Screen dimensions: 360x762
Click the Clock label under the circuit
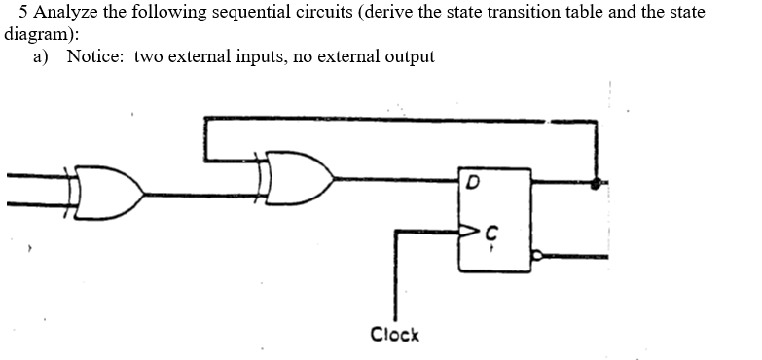(394, 334)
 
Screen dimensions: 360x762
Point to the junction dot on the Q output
(597, 182)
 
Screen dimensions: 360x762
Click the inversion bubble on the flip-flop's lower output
(534, 257)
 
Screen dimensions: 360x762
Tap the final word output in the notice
(408, 56)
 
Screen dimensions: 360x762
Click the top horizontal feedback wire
(389, 120)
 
